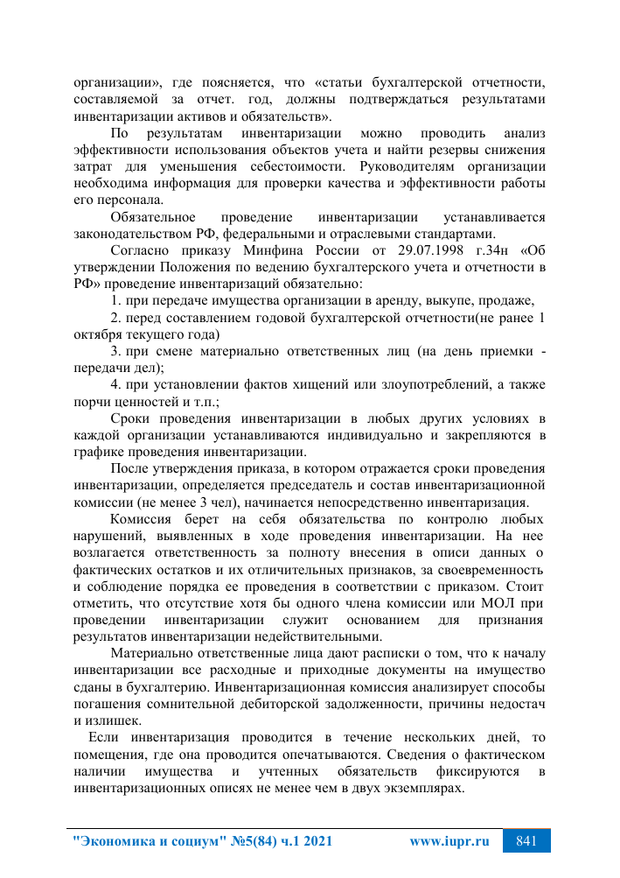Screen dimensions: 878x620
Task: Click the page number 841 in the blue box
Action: pyautogui.click(x=526, y=841)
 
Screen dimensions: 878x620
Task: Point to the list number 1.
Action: pyautogui.click(x=115, y=300)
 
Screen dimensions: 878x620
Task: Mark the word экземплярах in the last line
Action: pyautogui.click(x=421, y=787)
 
